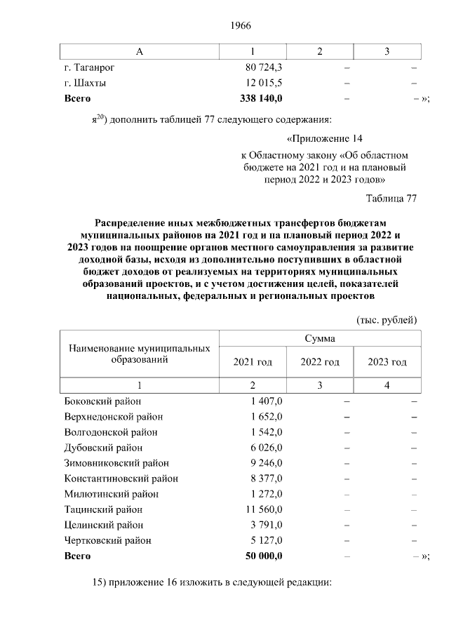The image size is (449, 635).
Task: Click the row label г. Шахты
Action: click(x=85, y=83)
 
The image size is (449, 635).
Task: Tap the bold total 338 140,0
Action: click(x=261, y=98)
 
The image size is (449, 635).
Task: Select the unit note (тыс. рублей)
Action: click(x=387, y=320)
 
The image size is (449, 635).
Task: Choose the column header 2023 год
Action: click(x=387, y=362)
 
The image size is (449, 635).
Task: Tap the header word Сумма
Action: click(x=319, y=338)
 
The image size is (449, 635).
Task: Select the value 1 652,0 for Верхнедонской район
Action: click(x=266, y=417)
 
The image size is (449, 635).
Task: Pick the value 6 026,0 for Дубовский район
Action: click(x=266, y=448)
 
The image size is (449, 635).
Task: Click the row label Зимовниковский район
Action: click(x=116, y=463)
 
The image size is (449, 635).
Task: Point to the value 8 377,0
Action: click(x=266, y=479)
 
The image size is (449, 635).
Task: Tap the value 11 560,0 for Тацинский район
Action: click(x=264, y=509)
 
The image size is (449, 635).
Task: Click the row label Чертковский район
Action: click(x=107, y=540)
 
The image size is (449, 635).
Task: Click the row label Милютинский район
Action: click(x=107, y=494)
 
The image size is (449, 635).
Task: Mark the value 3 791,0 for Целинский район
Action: click(x=266, y=525)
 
